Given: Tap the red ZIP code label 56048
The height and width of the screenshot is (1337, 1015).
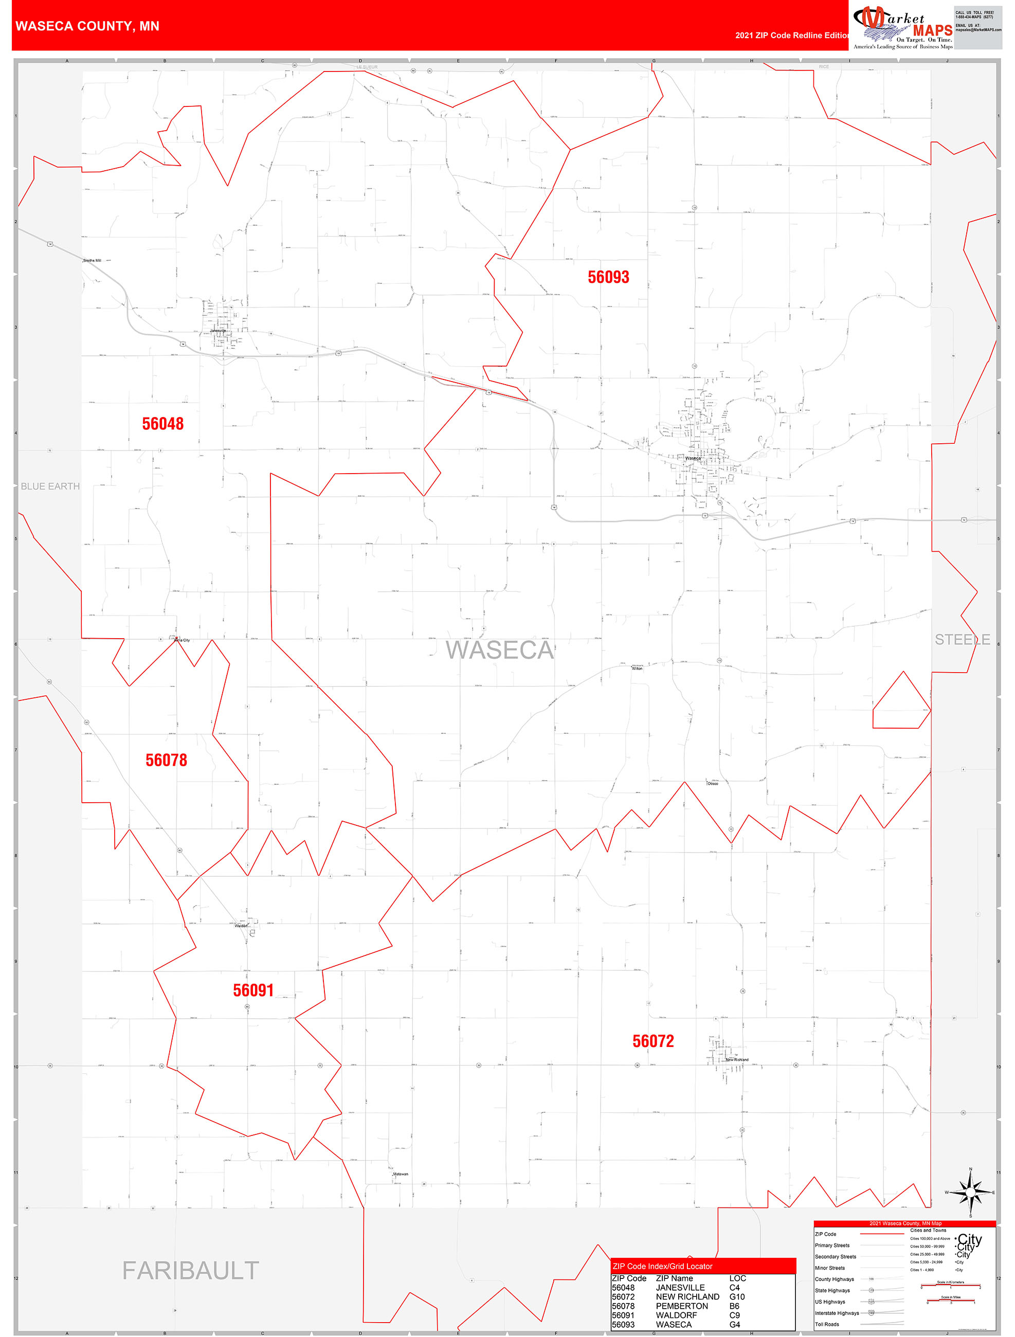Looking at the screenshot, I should (162, 424).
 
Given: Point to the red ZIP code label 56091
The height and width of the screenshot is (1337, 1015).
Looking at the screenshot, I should (253, 990).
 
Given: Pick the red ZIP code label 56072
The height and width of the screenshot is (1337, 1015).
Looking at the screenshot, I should (653, 1041).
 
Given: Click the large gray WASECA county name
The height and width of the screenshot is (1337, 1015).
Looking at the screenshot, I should (499, 650).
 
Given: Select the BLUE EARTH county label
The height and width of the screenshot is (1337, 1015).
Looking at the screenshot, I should (50, 486).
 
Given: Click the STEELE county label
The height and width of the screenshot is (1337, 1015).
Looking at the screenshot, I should (963, 640).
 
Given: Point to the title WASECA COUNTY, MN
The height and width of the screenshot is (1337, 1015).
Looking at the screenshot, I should (87, 26).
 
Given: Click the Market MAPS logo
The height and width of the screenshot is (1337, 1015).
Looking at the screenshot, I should (902, 27).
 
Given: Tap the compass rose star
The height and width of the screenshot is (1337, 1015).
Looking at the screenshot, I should (970, 1192).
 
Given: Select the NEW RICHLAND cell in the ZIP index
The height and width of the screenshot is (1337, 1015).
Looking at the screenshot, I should (687, 1296).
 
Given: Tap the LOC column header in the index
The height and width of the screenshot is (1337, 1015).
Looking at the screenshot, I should (737, 1278).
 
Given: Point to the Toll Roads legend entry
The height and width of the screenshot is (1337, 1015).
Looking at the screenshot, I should (827, 1324).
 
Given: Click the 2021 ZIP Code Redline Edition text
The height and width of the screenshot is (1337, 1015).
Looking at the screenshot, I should (792, 35).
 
